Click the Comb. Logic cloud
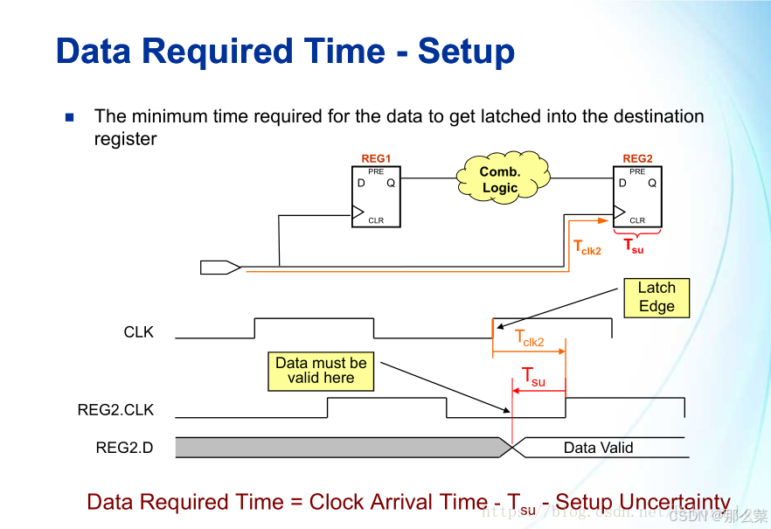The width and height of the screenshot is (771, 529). (x=501, y=180)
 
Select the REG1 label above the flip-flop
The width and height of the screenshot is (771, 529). (x=376, y=158)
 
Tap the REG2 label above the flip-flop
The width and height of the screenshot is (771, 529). (x=637, y=158)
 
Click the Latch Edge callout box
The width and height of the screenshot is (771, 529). (x=656, y=297)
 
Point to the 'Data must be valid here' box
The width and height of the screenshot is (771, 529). (x=321, y=371)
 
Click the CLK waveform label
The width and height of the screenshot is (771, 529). (x=139, y=332)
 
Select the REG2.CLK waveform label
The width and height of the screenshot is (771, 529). (x=115, y=410)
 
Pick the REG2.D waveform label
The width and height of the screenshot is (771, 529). (x=124, y=448)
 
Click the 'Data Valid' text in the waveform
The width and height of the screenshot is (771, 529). (x=598, y=448)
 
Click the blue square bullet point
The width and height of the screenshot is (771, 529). (x=70, y=117)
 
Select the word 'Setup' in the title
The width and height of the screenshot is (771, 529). (x=466, y=52)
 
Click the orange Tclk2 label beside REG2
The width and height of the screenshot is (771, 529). (x=587, y=248)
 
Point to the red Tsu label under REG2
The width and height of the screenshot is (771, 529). (x=634, y=247)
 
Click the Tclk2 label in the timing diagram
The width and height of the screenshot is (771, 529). (x=529, y=338)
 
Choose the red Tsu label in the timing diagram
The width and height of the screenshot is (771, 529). (x=533, y=377)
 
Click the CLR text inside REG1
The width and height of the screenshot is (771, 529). (x=376, y=220)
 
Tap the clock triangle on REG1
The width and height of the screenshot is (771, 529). (x=357, y=211)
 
